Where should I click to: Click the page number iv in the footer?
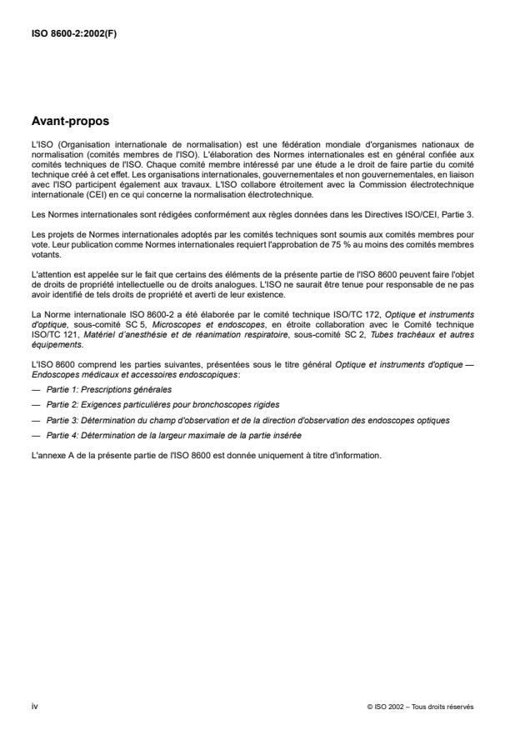click(x=34, y=706)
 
